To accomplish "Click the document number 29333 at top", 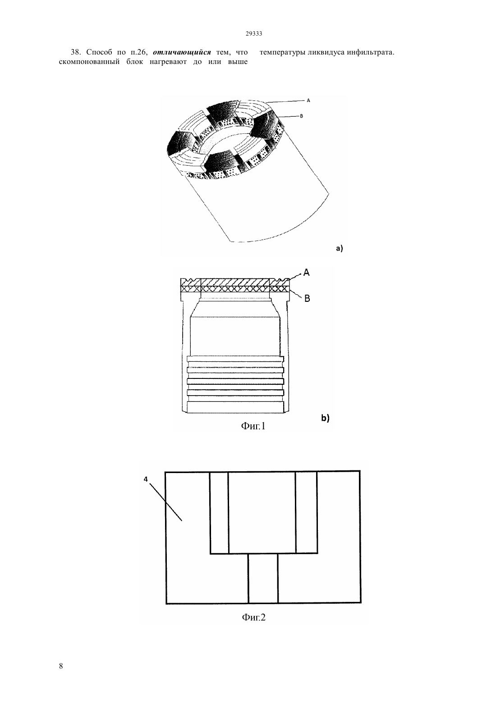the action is [253, 34].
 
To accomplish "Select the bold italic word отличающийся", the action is [182, 52].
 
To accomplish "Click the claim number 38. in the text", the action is [76, 52].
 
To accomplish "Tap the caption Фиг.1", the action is [253, 426].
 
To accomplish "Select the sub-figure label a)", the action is [340, 249].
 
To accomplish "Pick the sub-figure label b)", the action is [326, 418].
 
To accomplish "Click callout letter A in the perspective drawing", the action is [308, 100].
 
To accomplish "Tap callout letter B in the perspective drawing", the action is [301, 116].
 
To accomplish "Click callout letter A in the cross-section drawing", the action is [307, 273].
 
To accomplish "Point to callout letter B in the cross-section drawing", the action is [307, 299].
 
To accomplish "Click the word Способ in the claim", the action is [99, 52].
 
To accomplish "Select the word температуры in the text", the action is [282, 52].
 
